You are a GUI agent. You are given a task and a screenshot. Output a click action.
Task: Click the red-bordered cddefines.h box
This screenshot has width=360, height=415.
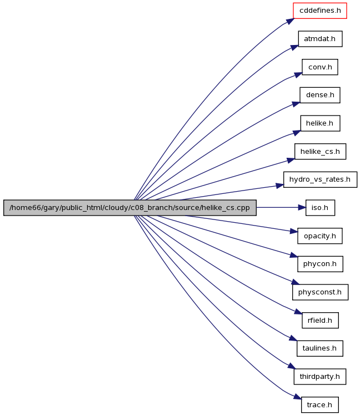click(320, 11)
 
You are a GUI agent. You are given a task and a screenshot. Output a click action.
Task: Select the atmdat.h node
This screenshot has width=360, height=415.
click(320, 39)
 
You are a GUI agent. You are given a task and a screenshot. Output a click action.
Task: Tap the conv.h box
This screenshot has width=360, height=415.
click(320, 67)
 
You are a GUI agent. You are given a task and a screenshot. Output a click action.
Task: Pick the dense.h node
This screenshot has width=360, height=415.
click(320, 95)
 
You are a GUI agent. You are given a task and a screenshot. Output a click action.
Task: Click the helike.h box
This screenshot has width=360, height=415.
click(320, 123)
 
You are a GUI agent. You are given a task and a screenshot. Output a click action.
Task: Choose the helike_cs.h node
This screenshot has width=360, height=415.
click(320, 152)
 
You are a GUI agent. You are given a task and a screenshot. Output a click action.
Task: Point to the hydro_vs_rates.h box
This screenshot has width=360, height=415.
click(320, 179)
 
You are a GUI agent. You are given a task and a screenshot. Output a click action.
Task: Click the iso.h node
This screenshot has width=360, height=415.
click(320, 208)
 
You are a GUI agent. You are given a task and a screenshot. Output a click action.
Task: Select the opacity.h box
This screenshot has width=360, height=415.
click(320, 236)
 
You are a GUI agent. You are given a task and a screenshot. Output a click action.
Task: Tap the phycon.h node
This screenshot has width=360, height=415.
click(320, 264)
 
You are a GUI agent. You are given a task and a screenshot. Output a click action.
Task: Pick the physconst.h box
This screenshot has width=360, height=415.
click(320, 292)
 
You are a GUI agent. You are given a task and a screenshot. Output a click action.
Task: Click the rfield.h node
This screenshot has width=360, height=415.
click(320, 320)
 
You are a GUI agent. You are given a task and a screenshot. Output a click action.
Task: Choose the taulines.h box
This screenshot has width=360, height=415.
click(320, 348)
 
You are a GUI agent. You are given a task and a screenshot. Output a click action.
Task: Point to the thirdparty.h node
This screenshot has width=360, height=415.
click(320, 377)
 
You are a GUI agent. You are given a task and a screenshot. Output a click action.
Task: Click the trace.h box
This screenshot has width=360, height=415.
click(320, 404)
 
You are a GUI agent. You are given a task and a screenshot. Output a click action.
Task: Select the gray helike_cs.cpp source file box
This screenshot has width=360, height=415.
click(129, 208)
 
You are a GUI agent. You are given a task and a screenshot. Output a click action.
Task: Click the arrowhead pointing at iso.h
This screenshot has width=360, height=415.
click(302, 208)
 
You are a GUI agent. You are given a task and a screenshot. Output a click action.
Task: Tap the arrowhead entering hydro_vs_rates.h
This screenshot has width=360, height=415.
click(280, 186)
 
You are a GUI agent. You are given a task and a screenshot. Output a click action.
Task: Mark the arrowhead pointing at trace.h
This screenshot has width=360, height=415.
click(298, 397)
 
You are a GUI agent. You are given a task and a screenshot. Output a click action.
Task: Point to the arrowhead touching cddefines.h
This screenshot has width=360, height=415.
click(290, 21)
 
